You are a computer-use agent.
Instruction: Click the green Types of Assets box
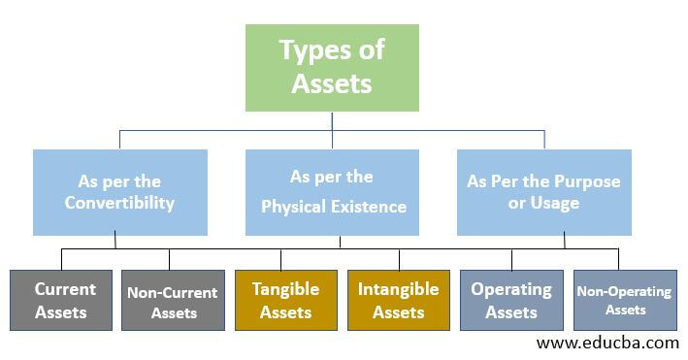pyautogui.click(x=332, y=67)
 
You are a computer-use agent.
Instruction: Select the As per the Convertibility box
pyautogui.click(x=119, y=192)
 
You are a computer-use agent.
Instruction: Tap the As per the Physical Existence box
pyautogui.click(x=332, y=192)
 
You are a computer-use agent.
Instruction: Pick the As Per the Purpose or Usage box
pyautogui.click(x=543, y=192)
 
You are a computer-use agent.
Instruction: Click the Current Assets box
pyautogui.click(x=65, y=300)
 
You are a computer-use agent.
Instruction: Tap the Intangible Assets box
pyautogui.click(x=398, y=300)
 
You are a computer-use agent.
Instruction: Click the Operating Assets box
pyautogui.click(x=510, y=300)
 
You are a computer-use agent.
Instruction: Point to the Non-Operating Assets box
pyautogui.click(x=625, y=300)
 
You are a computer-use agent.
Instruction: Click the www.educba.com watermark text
pyautogui.click(x=607, y=343)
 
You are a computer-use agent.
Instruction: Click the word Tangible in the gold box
pyautogui.click(x=285, y=289)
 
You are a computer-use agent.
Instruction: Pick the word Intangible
pyautogui.click(x=398, y=289)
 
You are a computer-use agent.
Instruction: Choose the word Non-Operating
pyautogui.click(x=625, y=291)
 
